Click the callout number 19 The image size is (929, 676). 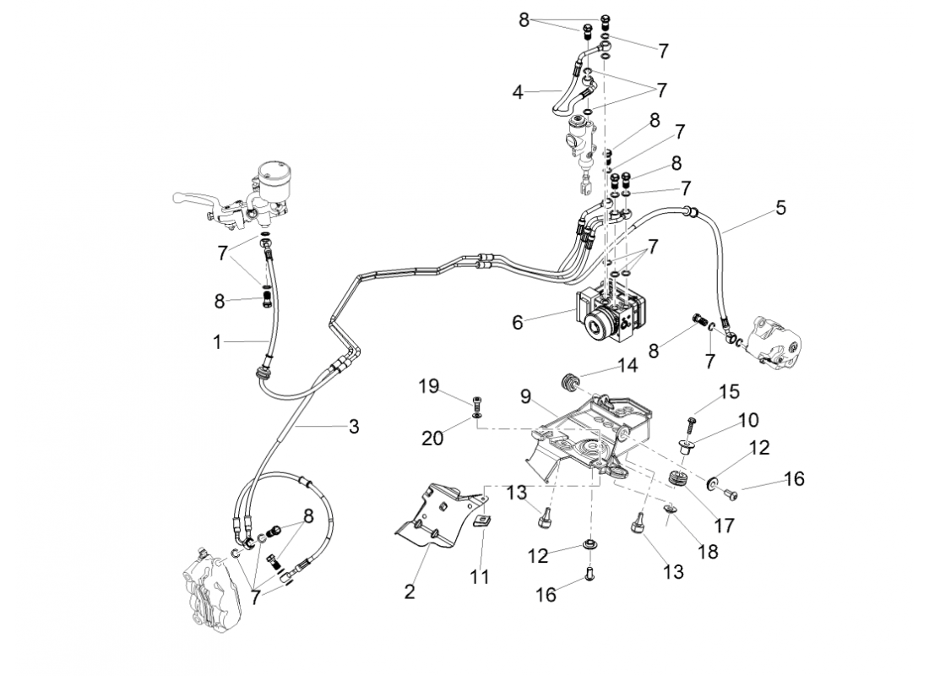click(429, 387)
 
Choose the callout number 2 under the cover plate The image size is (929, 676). click(410, 591)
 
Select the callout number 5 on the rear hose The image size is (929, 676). click(780, 207)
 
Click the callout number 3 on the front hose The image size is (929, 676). click(354, 427)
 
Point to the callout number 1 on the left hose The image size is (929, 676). click(218, 341)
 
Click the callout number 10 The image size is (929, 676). click(747, 420)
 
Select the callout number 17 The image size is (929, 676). click(725, 525)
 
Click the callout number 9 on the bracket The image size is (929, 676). click(525, 395)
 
